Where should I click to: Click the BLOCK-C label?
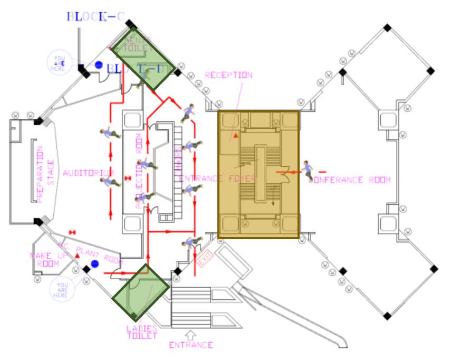(x=95, y=16)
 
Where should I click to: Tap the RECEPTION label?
(x=228, y=75)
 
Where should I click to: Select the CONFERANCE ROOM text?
(x=350, y=180)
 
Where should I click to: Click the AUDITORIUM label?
(x=88, y=173)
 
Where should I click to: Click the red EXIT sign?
(x=204, y=259)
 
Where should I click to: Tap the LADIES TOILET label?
(x=142, y=332)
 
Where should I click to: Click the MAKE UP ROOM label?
(x=48, y=260)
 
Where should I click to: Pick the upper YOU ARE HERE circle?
(x=59, y=63)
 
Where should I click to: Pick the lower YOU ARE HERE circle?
(x=62, y=290)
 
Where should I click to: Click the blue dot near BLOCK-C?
(x=99, y=65)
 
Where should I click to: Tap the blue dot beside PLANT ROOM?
(x=95, y=263)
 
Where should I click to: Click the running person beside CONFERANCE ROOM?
(x=308, y=170)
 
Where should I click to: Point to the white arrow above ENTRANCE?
(x=191, y=334)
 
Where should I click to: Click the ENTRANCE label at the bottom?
(x=191, y=345)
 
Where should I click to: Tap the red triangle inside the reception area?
(x=236, y=136)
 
